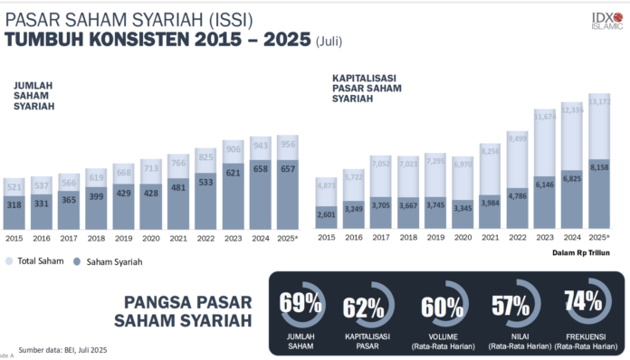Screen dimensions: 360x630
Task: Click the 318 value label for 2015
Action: pos(14,204)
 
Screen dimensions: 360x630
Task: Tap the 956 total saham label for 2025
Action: pos(288,145)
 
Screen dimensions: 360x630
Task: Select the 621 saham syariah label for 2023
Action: pos(234,172)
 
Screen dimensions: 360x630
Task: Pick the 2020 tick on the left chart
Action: pos(151,238)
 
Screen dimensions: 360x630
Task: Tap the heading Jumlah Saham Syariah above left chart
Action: pos(33,96)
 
